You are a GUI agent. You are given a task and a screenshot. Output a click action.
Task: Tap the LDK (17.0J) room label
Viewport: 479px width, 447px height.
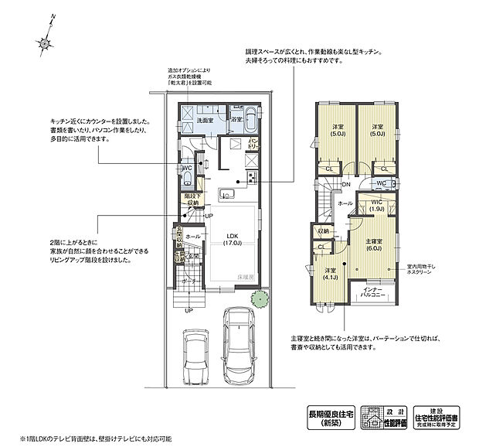231,240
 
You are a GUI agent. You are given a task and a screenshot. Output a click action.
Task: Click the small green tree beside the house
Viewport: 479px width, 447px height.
258,298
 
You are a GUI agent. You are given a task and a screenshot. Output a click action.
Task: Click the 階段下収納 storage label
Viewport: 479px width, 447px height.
192,200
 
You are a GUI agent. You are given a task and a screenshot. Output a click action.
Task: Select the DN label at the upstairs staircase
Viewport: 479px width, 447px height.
345,185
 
